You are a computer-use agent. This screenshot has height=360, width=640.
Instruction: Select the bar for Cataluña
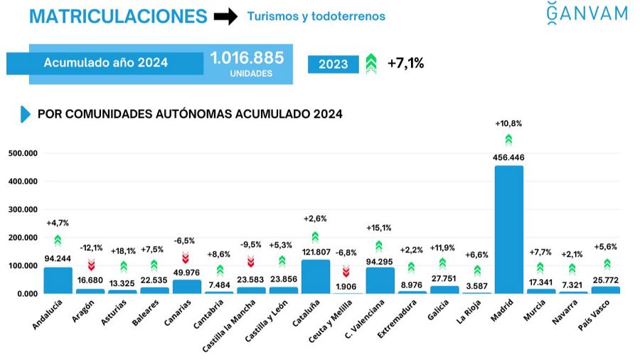[x=315, y=277]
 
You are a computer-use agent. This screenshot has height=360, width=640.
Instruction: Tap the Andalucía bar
[x=58, y=280]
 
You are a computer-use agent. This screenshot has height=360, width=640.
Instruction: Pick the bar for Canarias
[x=186, y=286]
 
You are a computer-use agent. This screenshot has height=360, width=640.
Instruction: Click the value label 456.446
[x=508, y=157]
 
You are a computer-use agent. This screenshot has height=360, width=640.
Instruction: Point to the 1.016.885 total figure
[x=247, y=58]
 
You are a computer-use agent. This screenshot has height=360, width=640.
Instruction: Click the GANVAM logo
[x=587, y=14]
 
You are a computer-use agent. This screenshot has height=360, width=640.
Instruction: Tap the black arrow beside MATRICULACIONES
[x=225, y=17]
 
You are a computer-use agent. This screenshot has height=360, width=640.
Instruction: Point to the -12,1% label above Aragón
[x=90, y=248]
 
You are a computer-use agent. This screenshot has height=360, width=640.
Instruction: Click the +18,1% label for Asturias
[x=123, y=250]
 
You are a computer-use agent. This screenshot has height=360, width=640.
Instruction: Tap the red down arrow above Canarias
[x=186, y=258]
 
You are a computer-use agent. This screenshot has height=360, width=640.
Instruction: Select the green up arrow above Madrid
[x=508, y=139]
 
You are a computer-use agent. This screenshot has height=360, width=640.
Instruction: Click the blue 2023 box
[x=333, y=64]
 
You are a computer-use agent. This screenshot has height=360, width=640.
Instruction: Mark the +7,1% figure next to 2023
[x=405, y=63]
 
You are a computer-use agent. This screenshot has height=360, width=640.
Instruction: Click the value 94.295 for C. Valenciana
[x=379, y=260]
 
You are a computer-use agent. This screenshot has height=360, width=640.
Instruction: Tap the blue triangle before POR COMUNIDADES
[x=26, y=114]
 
